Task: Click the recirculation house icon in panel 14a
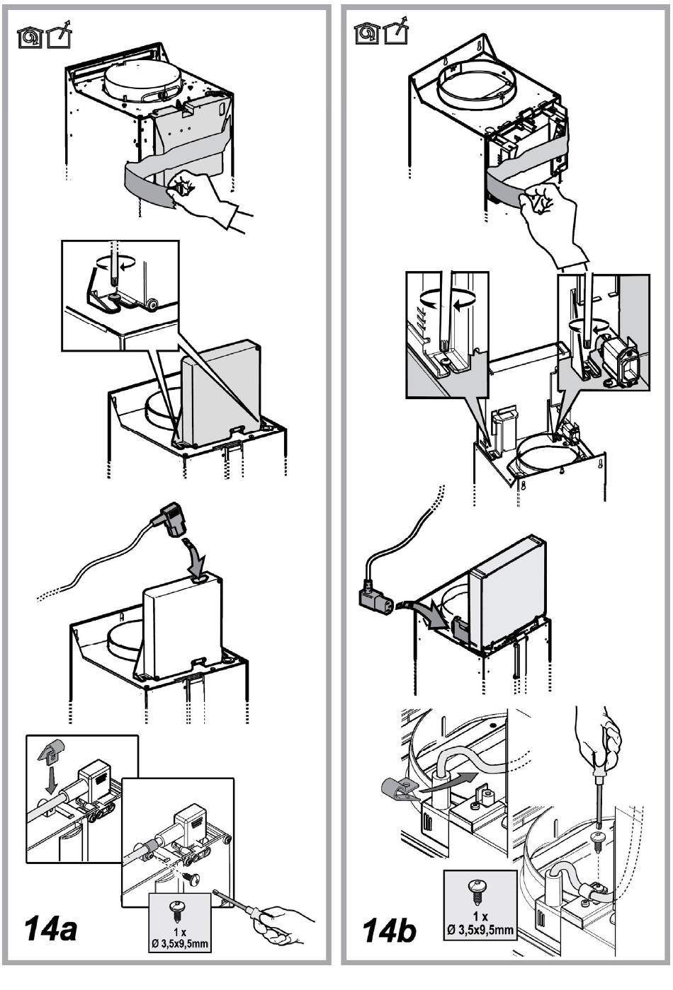[29, 37]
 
